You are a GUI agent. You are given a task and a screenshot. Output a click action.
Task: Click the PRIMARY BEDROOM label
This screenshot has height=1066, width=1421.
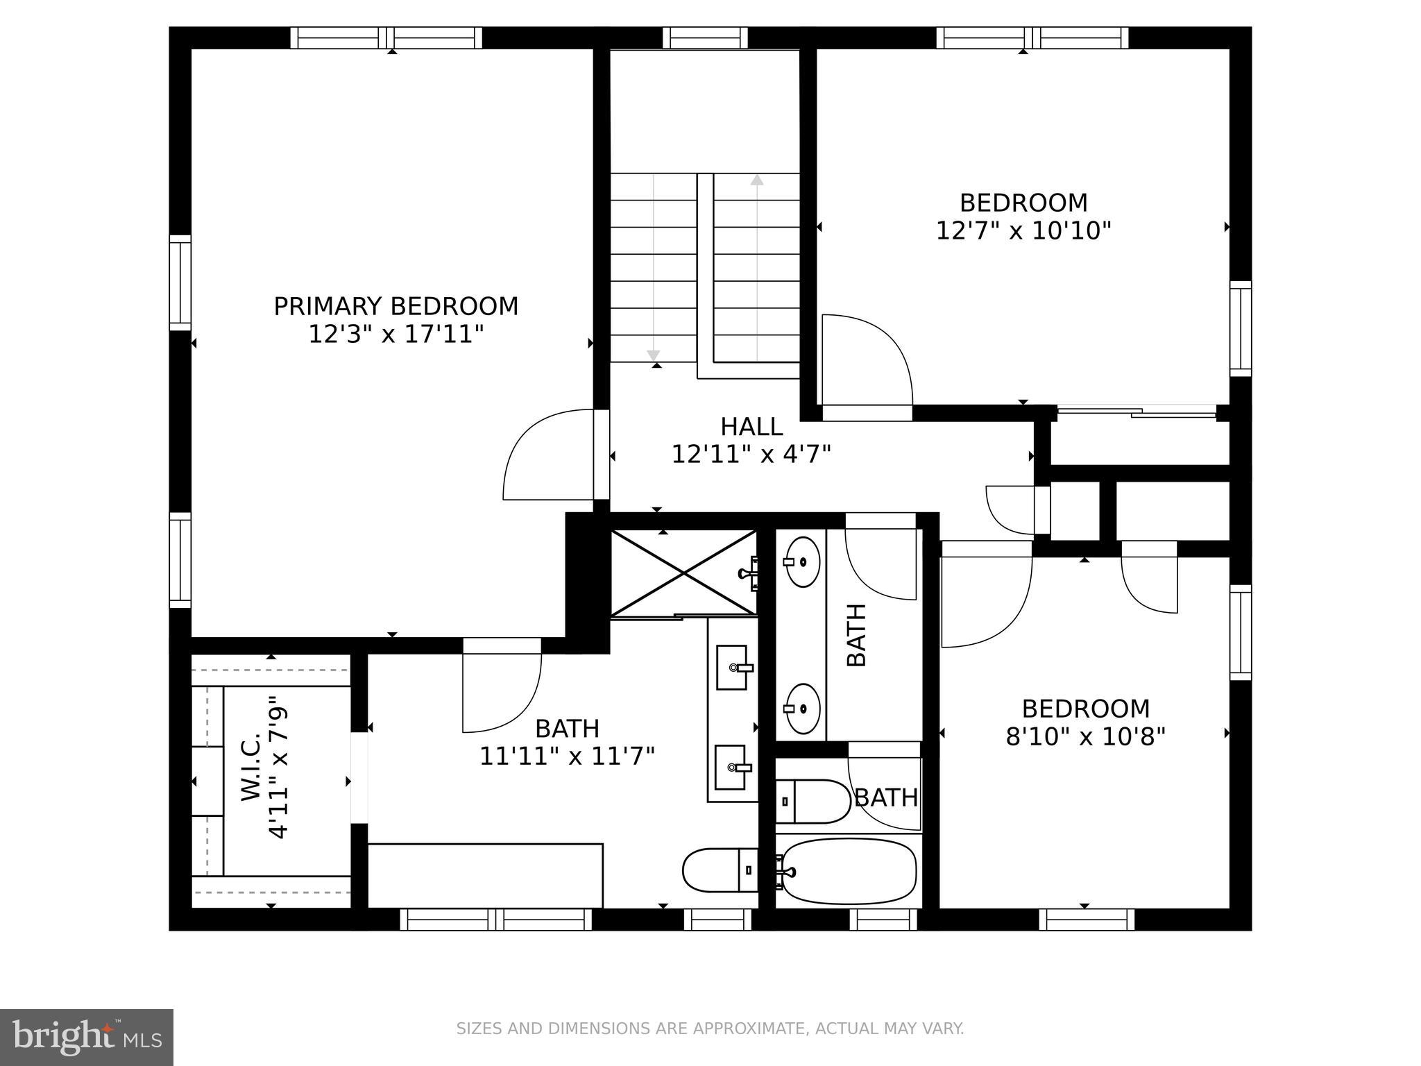coord(395,306)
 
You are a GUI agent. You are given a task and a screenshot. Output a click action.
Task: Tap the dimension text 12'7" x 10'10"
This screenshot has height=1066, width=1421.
coord(1023,230)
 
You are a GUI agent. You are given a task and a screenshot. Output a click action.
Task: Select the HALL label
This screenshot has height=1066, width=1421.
coord(751,426)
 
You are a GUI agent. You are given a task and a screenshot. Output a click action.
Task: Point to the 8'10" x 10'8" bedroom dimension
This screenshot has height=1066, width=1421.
coord(1085,736)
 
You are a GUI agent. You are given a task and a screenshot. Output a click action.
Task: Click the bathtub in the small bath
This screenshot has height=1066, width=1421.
coord(849,872)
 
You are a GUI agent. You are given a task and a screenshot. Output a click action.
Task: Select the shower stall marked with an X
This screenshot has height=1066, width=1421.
coord(683,573)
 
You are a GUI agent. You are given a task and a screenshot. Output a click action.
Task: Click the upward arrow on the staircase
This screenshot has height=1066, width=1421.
coord(757,180)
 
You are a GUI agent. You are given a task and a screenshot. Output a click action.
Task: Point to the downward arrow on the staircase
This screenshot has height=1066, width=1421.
coord(653,355)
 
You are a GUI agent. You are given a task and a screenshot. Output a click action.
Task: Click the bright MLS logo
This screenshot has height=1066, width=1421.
coord(87,1037)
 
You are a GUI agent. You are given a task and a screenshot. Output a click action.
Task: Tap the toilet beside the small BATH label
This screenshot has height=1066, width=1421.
coord(812,802)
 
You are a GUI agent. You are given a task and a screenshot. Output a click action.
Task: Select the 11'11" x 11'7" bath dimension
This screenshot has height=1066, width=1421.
coord(567,756)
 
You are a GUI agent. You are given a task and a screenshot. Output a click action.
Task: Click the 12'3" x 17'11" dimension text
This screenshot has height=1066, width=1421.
coord(395,335)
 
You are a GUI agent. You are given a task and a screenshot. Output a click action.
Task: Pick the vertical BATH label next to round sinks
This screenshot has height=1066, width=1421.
coord(858,635)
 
